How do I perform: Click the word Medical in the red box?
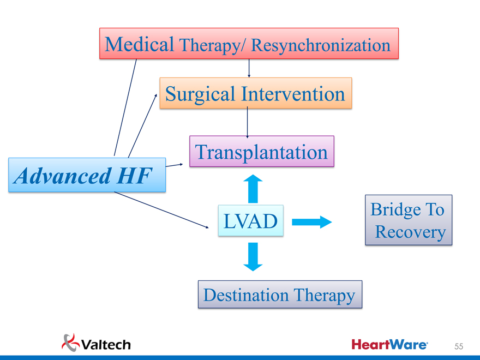click(140, 44)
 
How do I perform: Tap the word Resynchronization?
click(321, 45)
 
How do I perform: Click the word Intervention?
click(292, 94)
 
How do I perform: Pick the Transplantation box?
click(261, 152)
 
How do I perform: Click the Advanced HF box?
click(87, 175)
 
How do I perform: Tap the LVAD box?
click(250, 221)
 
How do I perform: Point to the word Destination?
click(245, 295)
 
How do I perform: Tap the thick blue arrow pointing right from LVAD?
click(311, 221)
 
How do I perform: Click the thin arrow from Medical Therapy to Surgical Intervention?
click(249, 68)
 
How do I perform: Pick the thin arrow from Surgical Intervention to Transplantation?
click(248, 122)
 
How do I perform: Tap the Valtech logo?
click(97, 343)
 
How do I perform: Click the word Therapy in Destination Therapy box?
click(324, 295)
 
